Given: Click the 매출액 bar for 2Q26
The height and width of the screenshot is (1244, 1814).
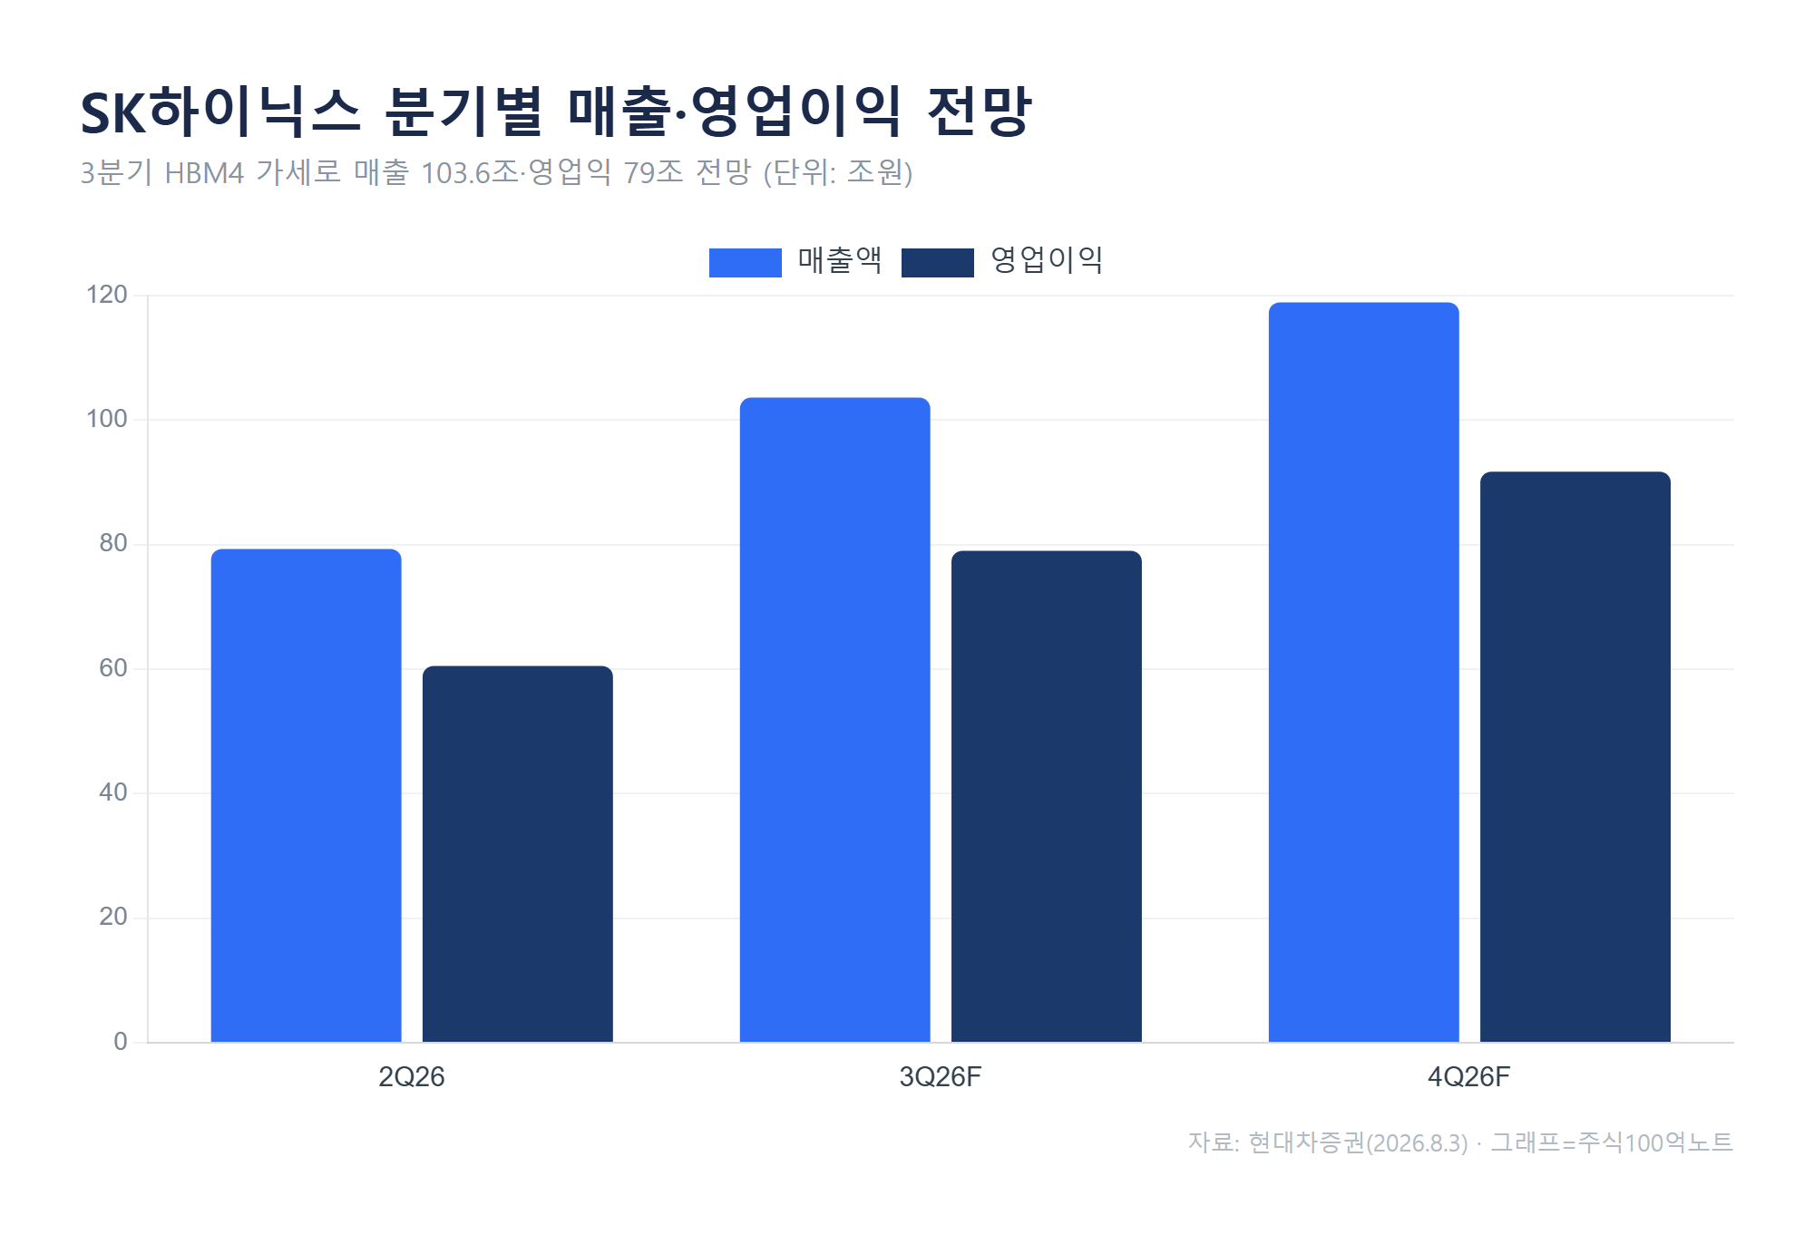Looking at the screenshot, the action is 307,795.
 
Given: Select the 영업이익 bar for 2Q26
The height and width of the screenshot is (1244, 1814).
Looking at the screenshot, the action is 518,854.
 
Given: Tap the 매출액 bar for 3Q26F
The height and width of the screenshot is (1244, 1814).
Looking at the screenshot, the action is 835,720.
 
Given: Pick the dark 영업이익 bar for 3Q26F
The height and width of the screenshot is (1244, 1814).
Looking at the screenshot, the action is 1047,796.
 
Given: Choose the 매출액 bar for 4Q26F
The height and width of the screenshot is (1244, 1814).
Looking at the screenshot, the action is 1364,672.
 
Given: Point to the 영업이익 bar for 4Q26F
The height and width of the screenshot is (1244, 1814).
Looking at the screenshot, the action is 1575,757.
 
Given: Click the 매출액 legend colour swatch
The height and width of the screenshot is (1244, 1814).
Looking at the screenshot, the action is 746,262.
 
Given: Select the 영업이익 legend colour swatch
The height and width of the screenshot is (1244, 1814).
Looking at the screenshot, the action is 938,262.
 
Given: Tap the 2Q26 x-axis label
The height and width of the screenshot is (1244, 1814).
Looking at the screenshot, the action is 412,1077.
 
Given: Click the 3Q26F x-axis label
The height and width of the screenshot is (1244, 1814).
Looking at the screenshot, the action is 941,1077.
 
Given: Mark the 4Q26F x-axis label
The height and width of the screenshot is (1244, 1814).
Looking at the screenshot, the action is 1469,1077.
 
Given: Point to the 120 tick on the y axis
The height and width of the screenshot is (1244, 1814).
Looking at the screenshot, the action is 107,295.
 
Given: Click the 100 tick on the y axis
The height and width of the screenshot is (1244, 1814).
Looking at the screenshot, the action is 107,419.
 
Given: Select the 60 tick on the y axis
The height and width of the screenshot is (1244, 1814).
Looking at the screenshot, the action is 113,668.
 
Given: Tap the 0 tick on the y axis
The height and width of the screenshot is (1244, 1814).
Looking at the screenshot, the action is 121,1042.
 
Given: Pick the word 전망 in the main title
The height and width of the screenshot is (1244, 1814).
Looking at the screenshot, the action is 980,112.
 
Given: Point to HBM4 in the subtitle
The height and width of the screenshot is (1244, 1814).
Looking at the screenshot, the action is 204,172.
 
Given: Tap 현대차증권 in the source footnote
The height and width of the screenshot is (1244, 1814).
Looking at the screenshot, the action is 1307,1142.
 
